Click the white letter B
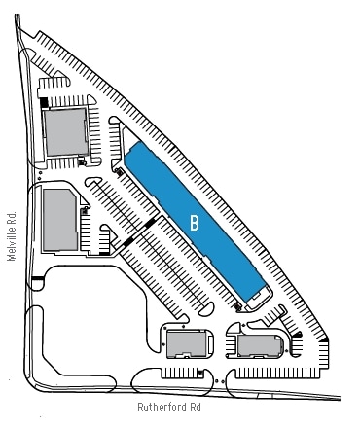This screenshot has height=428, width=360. pos(195,223)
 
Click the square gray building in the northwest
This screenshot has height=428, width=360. pos(67,131)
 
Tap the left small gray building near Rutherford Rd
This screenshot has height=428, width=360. pos(185,343)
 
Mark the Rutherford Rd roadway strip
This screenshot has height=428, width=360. pos(175,393)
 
